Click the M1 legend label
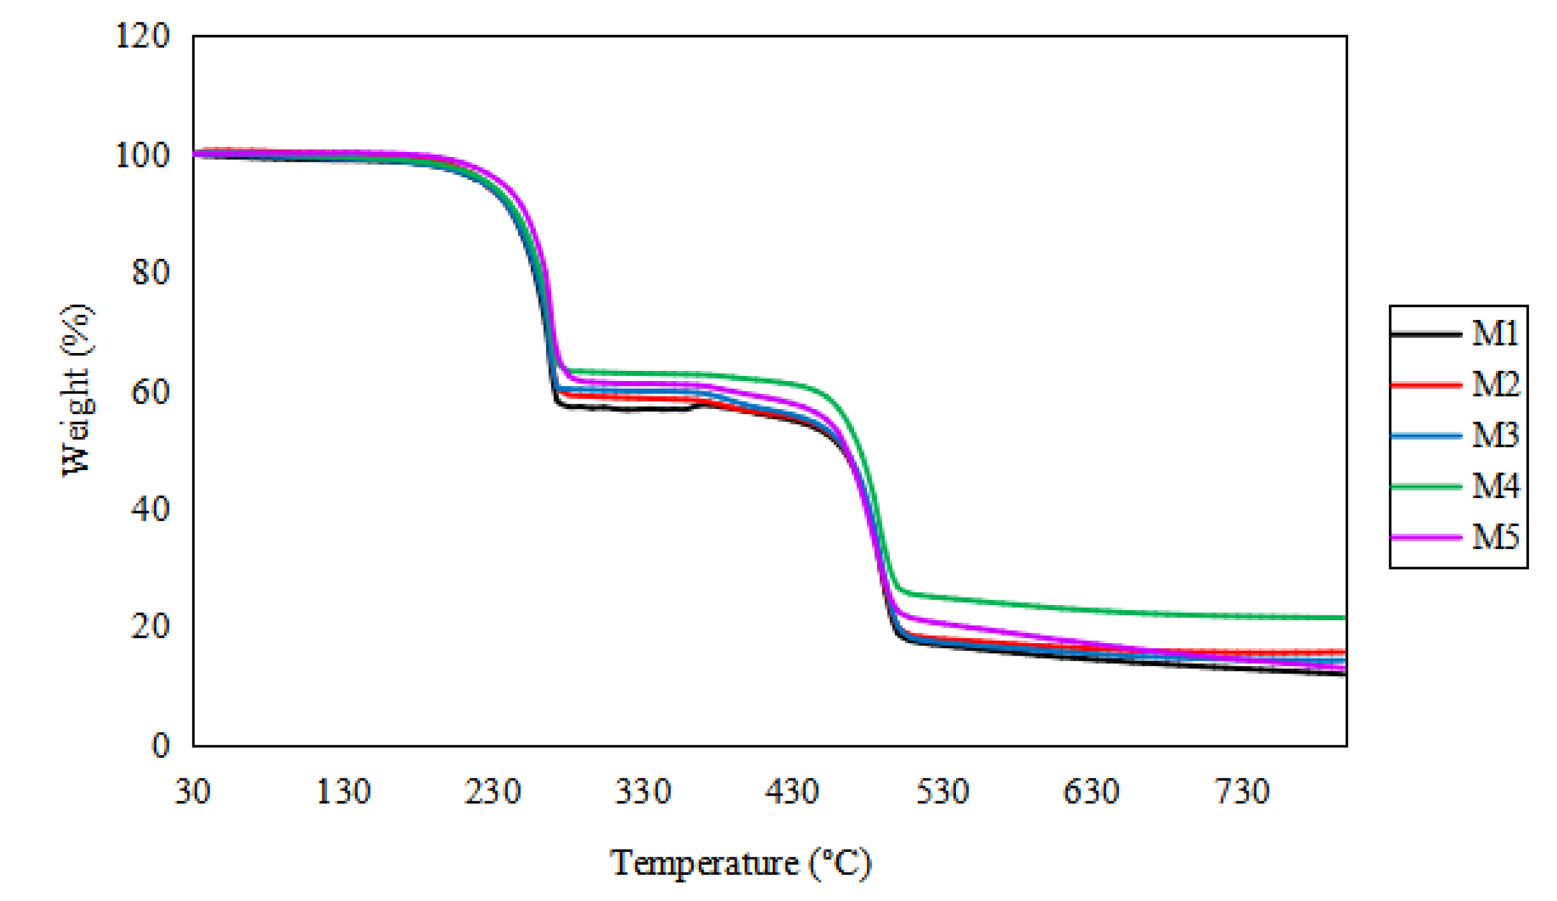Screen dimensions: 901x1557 coord(1495,334)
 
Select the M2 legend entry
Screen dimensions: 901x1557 coord(1495,385)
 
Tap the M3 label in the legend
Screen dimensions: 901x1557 coord(1495,435)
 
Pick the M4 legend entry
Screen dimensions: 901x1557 coord(1495,486)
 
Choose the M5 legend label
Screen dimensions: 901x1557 coord(1495,537)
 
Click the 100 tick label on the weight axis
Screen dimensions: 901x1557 coord(142,155)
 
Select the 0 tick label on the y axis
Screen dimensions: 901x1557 coord(160,746)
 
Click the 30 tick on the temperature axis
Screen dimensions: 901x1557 coord(193,791)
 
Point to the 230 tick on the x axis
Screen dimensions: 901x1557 coord(492,791)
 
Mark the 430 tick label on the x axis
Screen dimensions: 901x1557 coord(792,791)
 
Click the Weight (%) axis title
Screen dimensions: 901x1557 coord(77,391)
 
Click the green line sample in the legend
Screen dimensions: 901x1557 coord(1426,486)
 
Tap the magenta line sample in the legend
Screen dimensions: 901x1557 coord(1426,537)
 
